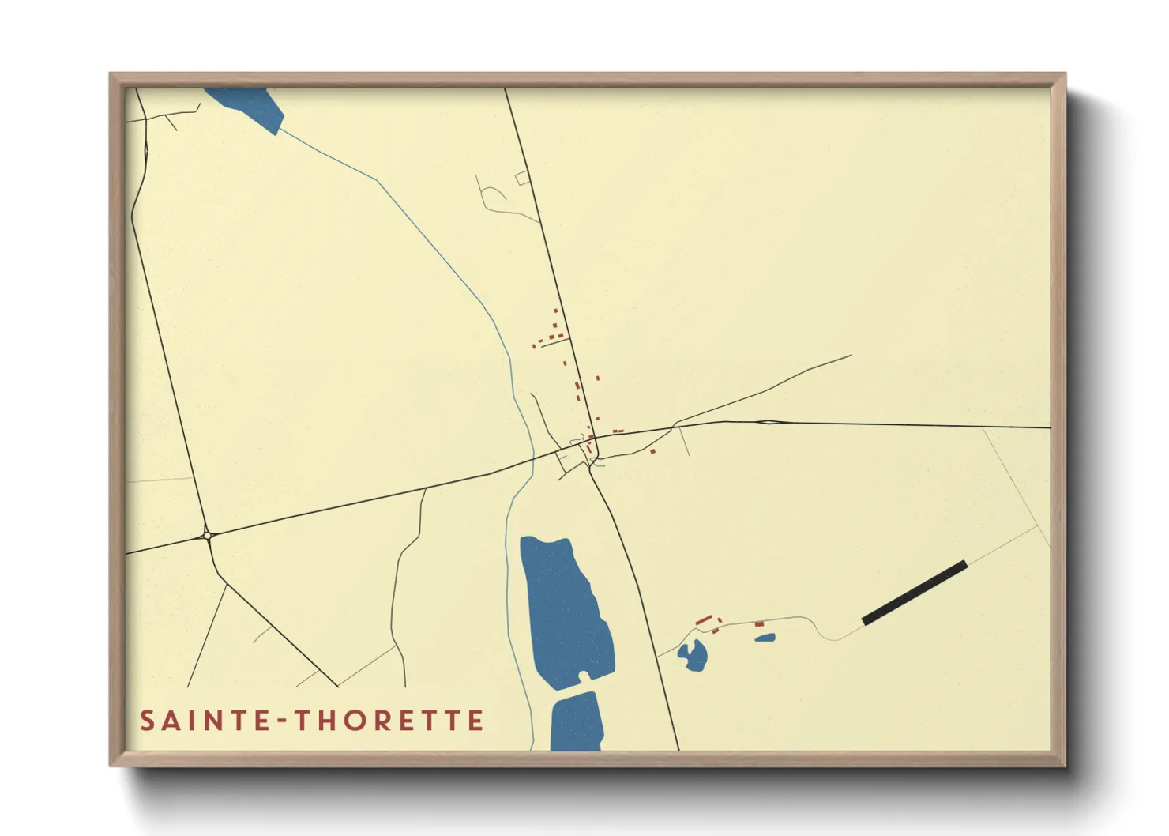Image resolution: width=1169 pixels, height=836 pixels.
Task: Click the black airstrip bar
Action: [x=915, y=593]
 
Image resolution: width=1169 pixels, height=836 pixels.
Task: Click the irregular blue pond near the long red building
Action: [x=694, y=656]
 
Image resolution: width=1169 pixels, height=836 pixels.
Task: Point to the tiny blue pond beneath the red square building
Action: [x=765, y=637]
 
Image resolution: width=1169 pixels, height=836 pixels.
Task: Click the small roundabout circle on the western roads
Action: [x=207, y=535]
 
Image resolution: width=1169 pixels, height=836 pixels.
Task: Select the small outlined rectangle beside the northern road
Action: [x=522, y=179]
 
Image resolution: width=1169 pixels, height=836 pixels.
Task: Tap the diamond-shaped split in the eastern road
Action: [x=767, y=422]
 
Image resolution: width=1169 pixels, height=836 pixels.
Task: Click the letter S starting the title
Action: [x=148, y=721]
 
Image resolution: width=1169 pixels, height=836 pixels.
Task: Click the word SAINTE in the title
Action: [x=206, y=721]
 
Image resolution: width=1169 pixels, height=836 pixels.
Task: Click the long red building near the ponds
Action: [x=704, y=620]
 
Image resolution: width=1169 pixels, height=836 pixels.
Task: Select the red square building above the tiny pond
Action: [x=759, y=624]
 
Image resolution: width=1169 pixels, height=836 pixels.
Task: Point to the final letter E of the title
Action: [x=475, y=721]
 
